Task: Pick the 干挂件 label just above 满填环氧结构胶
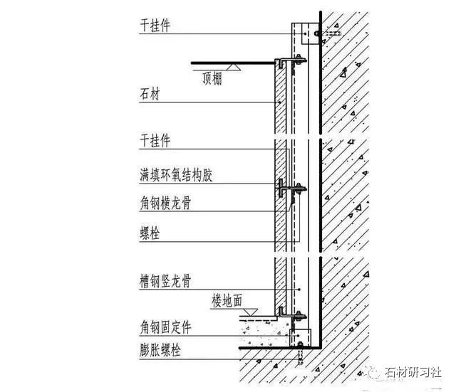(x=155, y=141)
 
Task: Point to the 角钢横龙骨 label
(x=165, y=203)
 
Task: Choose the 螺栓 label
(x=150, y=232)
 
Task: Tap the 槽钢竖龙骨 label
(x=165, y=282)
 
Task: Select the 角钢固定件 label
(x=165, y=329)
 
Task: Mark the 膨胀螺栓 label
(x=160, y=351)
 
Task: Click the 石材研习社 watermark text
(x=414, y=373)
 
